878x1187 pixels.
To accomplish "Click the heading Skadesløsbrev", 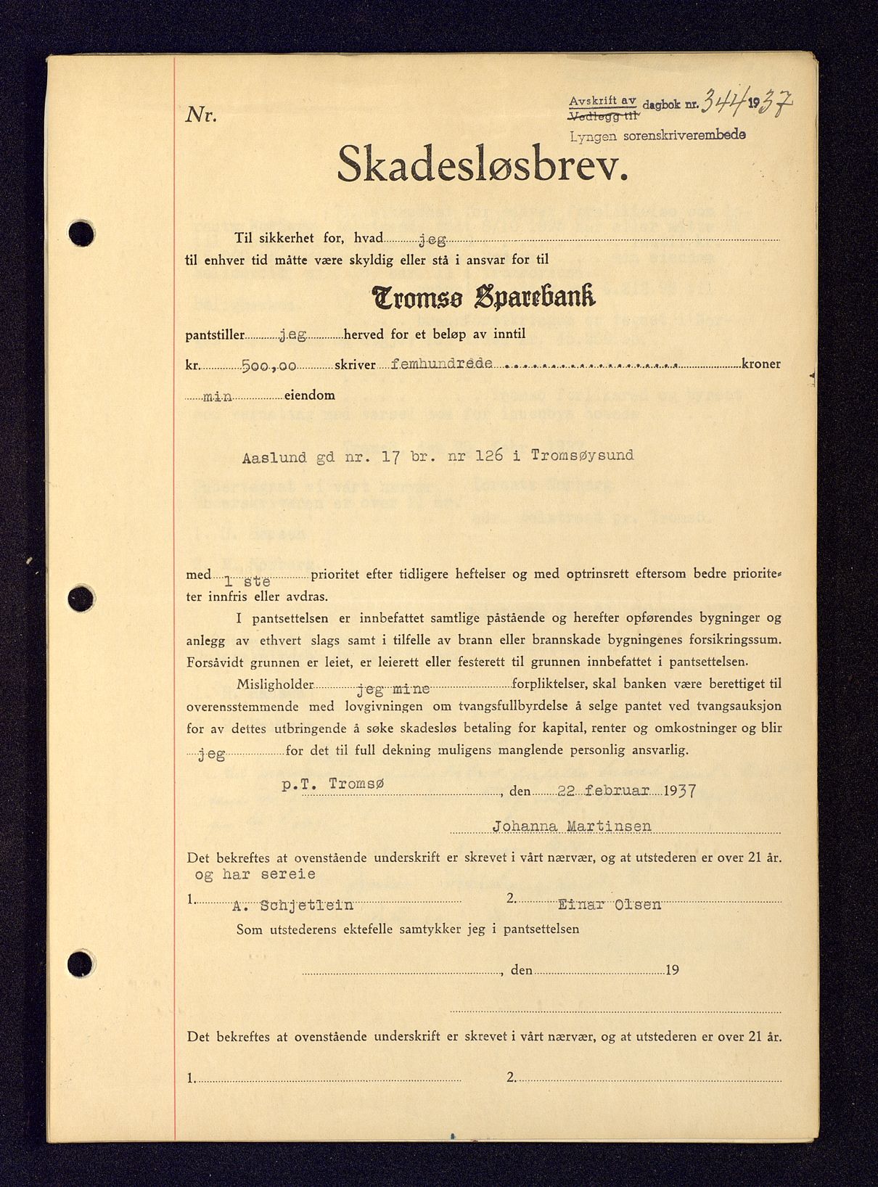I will tap(482, 164).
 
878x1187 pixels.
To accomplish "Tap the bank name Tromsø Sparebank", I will tap(483, 296).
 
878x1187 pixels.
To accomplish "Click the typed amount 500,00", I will tap(268, 366).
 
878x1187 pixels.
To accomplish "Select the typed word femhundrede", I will tap(441, 364).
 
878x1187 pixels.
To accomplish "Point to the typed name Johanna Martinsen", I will tap(572, 826).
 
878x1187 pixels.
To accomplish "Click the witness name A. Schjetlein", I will tap(292, 905).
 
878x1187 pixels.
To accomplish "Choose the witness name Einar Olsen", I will tap(609, 904).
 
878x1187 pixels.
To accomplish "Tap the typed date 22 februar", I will tap(603, 790).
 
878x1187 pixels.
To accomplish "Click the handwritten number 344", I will tap(723, 105).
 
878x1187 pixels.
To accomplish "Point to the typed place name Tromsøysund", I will tap(582, 455).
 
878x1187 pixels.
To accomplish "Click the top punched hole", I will tap(81, 234).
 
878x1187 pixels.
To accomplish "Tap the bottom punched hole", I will tap(81, 964).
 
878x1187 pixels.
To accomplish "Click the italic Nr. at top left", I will tap(201, 115).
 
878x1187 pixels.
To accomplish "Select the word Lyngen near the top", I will tap(593, 136).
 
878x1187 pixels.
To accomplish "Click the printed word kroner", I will tap(760, 364).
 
